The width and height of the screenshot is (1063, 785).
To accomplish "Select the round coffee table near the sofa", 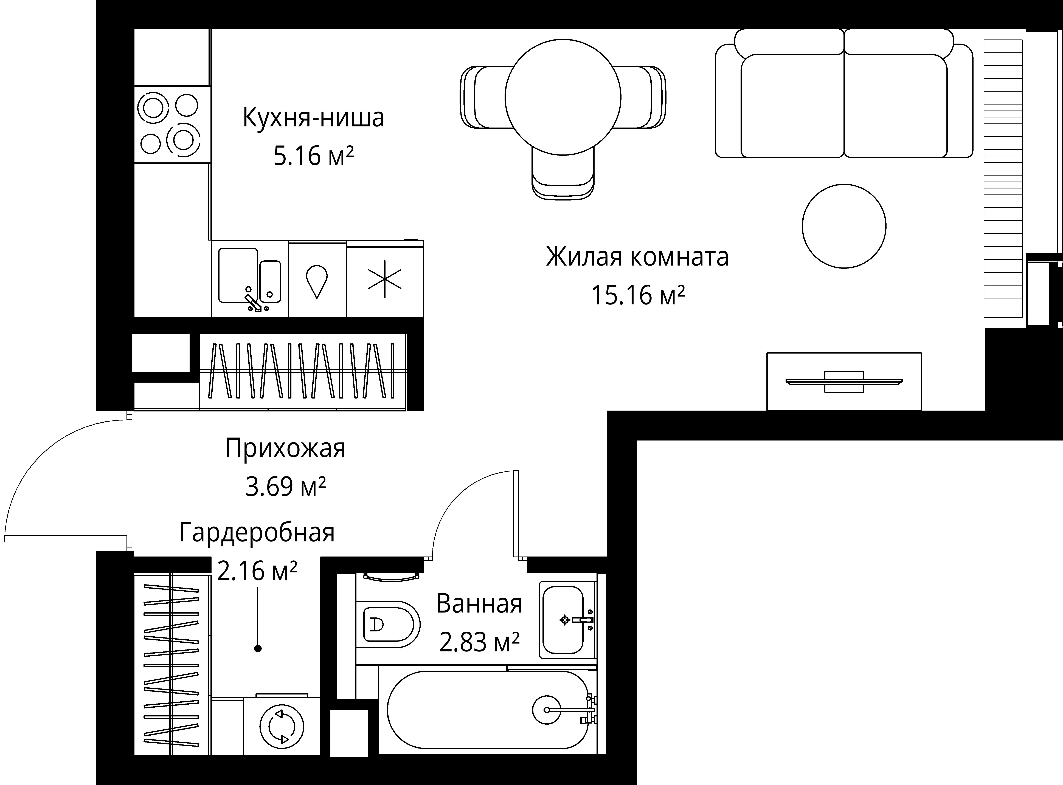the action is pyautogui.click(x=844, y=226).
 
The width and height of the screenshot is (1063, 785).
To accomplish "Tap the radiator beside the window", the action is pyautogui.click(x=1003, y=178).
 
